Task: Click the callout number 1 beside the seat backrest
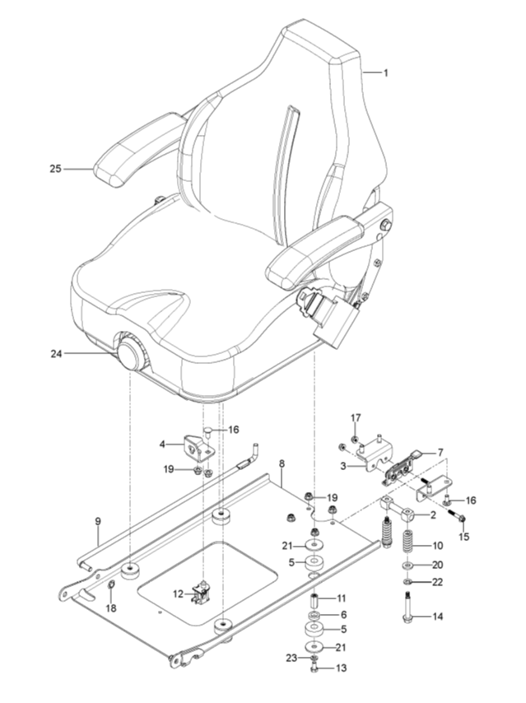click(385, 72)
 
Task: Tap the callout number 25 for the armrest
click(56, 169)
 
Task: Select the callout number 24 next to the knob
click(56, 354)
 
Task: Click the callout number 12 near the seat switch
click(178, 594)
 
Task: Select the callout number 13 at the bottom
click(342, 668)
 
